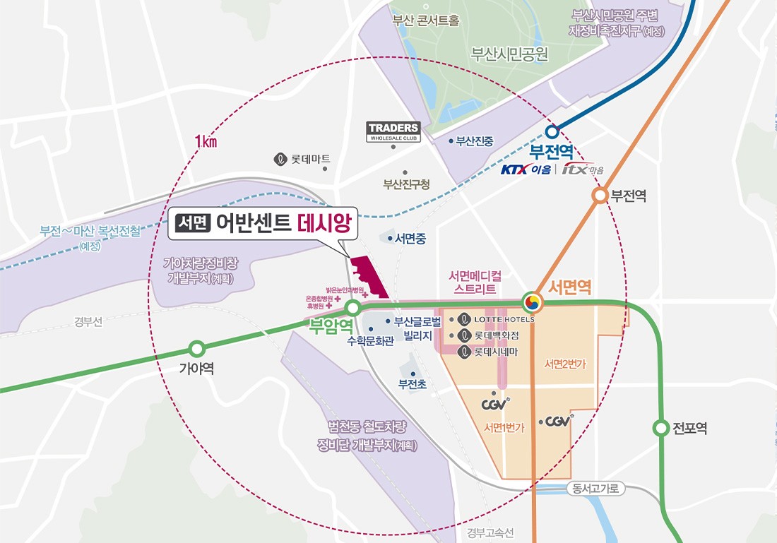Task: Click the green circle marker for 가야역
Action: point(197,348)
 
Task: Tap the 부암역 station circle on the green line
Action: point(352,308)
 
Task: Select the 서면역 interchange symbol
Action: point(533,303)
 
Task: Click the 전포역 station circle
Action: point(660,428)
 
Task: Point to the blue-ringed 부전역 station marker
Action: point(552,131)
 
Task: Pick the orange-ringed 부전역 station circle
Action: point(600,196)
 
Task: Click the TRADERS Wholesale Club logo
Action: point(393,131)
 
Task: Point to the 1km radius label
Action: point(205,141)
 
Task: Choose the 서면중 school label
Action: point(410,239)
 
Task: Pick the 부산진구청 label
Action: point(406,184)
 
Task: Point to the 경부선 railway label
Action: point(88,322)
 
